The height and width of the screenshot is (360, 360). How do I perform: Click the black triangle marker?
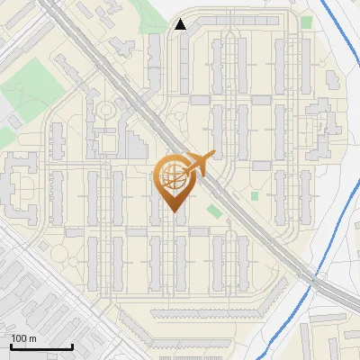tap(181, 24)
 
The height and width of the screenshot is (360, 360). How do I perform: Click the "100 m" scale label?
tap(23, 337)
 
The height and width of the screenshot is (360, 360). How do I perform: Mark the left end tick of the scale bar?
tap(11, 346)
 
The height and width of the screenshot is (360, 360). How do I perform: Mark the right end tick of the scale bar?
tap(72, 346)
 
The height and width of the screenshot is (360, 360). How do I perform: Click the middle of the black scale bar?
tap(41, 347)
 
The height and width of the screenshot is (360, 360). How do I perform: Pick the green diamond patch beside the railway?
tap(214, 211)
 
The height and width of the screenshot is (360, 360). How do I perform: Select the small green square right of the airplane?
tap(255, 196)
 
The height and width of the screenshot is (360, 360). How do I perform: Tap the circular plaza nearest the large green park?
tap(105, 111)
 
